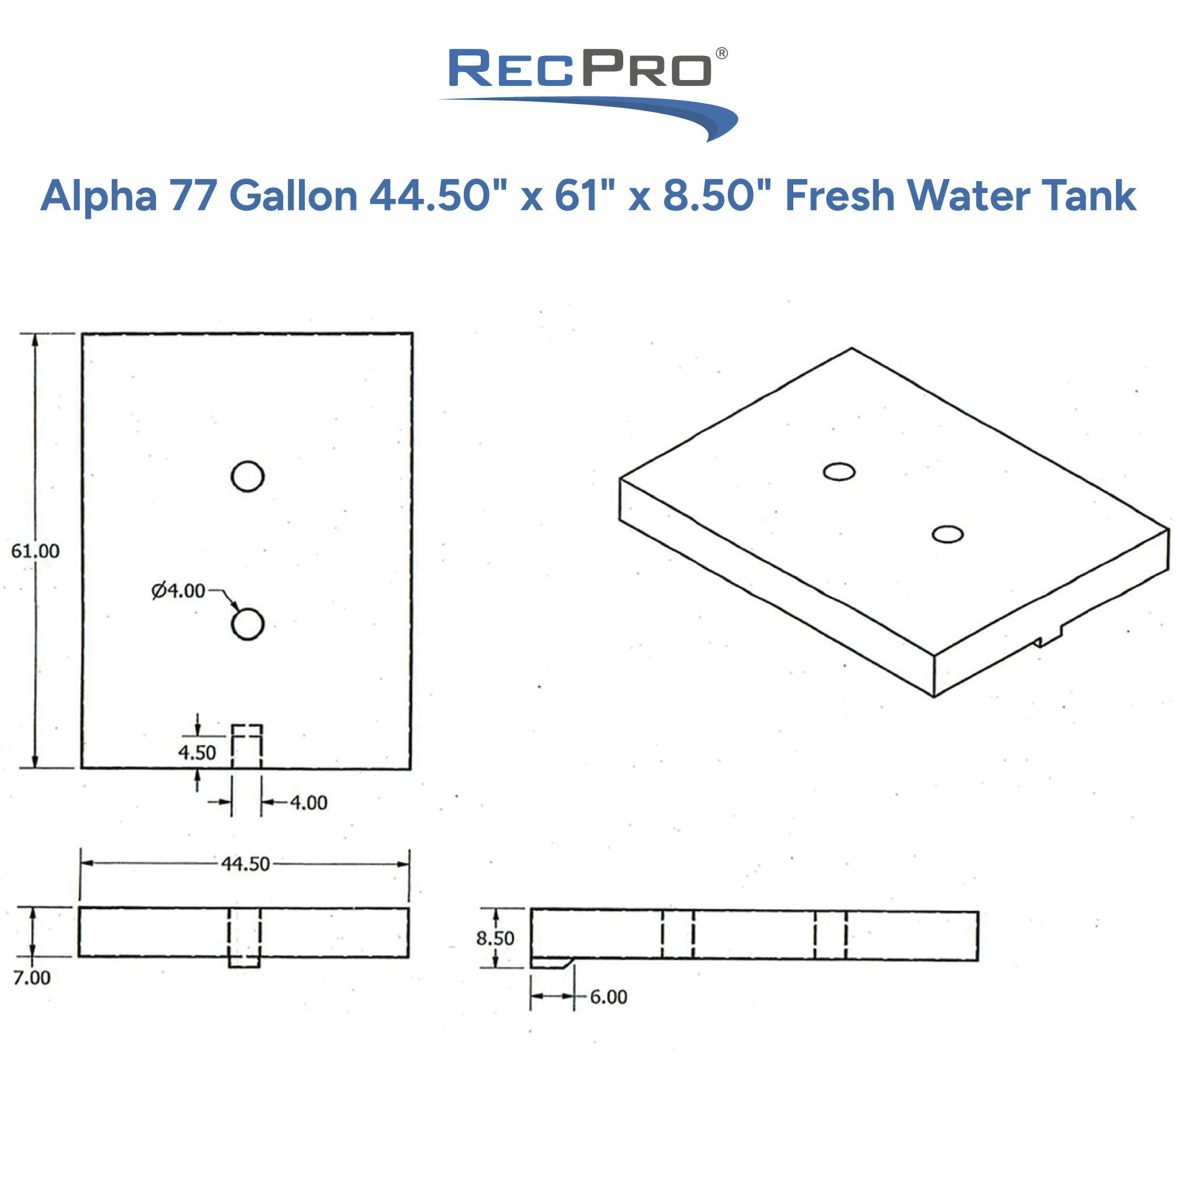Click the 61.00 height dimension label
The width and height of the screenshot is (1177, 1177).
pyautogui.click(x=35, y=551)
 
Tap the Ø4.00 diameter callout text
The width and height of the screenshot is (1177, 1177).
pyautogui.click(x=178, y=590)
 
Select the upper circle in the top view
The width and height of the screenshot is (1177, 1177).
pyautogui.click(x=247, y=477)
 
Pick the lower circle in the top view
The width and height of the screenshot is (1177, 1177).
pyautogui.click(x=247, y=624)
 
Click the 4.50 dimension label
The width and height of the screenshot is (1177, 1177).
pyautogui.click(x=197, y=753)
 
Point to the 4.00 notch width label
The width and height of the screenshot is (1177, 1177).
pyautogui.click(x=308, y=803)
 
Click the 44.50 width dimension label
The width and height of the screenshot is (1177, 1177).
pyautogui.click(x=245, y=864)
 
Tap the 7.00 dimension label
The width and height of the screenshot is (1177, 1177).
pyautogui.click(x=32, y=977)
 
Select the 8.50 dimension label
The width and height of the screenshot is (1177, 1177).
pyautogui.click(x=495, y=938)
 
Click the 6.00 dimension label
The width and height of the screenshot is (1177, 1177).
pyautogui.click(x=608, y=998)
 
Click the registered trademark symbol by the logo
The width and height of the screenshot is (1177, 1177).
pyautogui.click(x=722, y=54)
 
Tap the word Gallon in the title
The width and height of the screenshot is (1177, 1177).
pyautogui.click(x=293, y=196)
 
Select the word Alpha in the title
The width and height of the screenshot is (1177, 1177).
pyautogui.click(x=99, y=196)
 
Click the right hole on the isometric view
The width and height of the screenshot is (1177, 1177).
pyautogui.click(x=947, y=534)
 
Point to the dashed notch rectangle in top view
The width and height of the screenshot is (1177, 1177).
pyautogui.click(x=247, y=746)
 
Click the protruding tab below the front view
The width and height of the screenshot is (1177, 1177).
pyautogui.click(x=244, y=962)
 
